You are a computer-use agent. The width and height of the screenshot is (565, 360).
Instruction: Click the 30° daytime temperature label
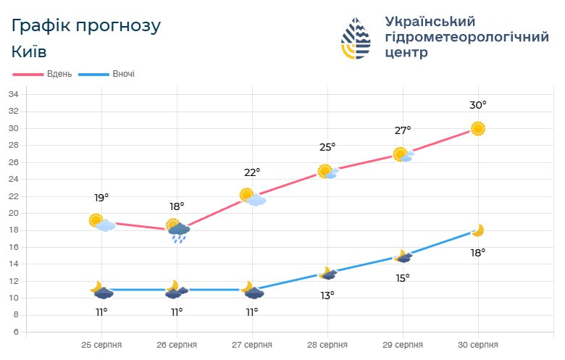(477, 105)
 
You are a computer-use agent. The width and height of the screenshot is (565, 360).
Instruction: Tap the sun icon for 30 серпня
(477, 129)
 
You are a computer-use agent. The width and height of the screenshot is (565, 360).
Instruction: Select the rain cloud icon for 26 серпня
(177, 230)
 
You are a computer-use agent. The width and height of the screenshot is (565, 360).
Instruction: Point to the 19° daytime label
(101, 197)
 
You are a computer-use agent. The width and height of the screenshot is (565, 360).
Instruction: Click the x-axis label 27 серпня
(252, 345)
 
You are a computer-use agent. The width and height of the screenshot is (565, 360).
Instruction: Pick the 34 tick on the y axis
(13, 94)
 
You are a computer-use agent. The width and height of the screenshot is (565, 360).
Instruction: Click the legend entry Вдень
(43, 74)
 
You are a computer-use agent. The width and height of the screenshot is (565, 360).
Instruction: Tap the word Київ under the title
(30, 51)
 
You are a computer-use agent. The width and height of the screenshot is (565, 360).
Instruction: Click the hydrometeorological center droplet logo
(356, 38)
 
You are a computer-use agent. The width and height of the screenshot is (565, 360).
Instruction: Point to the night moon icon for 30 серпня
(477, 230)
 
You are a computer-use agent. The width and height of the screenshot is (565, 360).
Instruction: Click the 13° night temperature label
(327, 296)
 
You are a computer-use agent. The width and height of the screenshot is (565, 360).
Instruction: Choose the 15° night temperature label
(403, 278)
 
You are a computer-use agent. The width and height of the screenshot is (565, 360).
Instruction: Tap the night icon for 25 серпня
(101, 290)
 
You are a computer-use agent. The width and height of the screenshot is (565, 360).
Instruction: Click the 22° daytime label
(252, 172)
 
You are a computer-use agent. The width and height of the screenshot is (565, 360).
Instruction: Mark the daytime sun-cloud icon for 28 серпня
(327, 172)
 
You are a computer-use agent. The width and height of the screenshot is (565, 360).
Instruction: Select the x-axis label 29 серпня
(403, 345)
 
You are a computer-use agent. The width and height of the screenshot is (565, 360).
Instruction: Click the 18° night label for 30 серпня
(478, 253)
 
